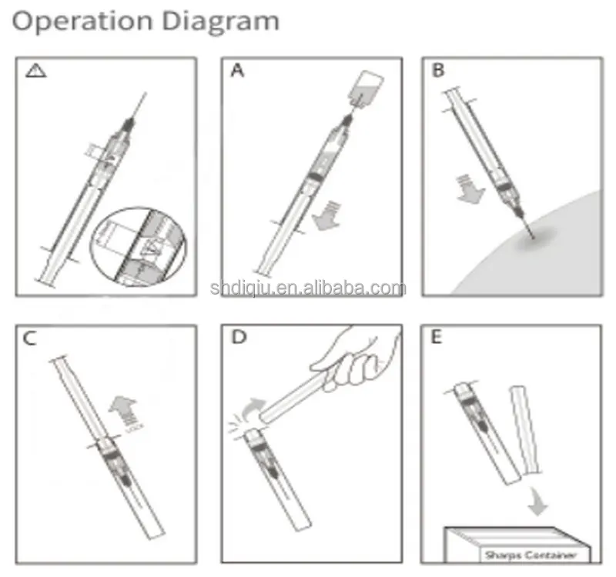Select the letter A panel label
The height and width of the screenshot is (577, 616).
click(237, 71)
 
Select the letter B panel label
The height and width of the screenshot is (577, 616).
click(438, 71)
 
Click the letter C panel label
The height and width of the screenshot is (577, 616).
click(31, 339)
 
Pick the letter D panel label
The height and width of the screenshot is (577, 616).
click(237, 339)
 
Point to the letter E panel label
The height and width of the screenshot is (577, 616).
click(437, 339)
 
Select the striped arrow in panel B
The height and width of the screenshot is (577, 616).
click(468, 188)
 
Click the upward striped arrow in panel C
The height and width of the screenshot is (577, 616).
click(120, 412)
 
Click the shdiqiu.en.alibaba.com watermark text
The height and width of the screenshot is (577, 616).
click(308, 288)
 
